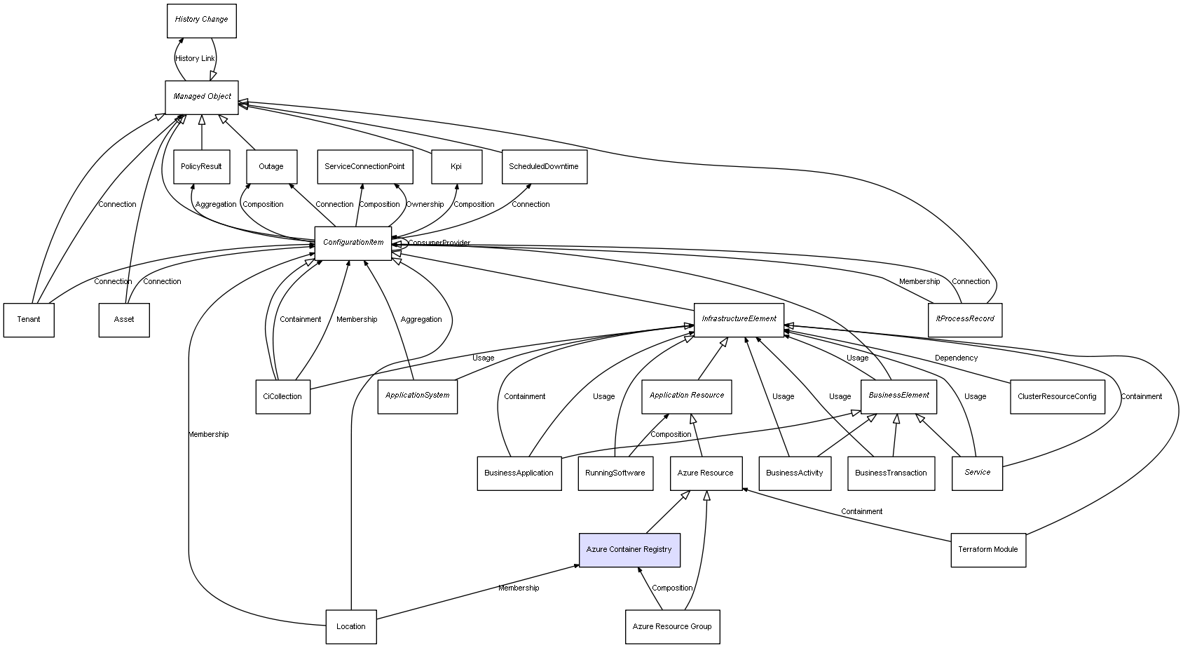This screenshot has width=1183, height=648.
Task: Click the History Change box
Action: pos(202,20)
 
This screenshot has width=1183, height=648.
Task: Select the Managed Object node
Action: pos(202,97)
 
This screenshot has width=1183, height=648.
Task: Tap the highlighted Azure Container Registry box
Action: pos(629,550)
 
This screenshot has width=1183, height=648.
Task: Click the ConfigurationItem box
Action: pos(353,243)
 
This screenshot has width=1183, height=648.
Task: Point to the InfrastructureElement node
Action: pos(739,319)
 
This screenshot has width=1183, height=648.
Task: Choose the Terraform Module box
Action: pos(988,550)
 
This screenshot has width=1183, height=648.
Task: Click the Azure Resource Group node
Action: pos(672,627)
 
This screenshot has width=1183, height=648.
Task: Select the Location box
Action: pos(351,627)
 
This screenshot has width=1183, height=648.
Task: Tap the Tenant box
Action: pos(29,320)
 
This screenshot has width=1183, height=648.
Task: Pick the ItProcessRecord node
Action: pos(965,319)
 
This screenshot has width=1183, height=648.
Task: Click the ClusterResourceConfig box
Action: pos(1057,397)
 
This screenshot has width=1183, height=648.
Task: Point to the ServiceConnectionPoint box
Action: pos(364,167)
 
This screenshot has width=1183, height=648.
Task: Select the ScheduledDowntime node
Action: pos(544,167)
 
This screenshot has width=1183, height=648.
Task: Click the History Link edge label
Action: pos(195,59)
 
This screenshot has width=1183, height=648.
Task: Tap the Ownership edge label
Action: pos(425,205)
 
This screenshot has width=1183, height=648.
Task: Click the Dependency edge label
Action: pos(956,358)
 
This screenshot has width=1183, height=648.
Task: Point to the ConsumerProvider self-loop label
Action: pos(439,243)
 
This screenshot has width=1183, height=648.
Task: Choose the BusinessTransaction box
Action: pos(891,473)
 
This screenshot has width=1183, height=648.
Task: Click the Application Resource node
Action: pos(687,396)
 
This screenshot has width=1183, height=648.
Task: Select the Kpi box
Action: pos(456,167)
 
